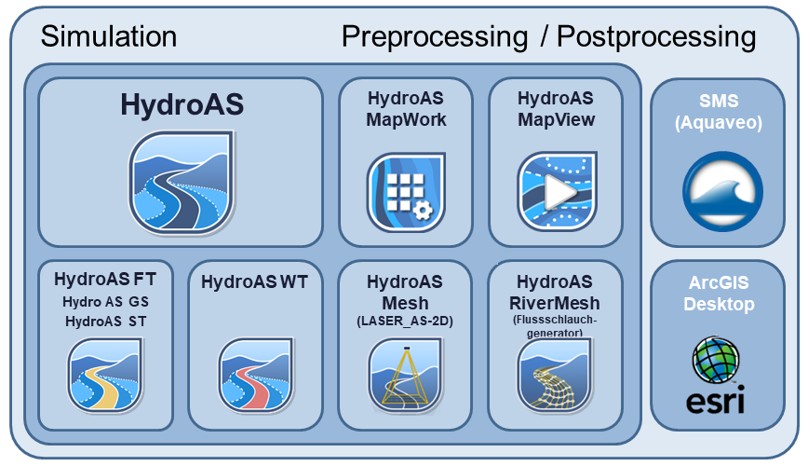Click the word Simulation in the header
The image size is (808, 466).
click(x=109, y=36)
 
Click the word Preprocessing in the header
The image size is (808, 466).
click(x=435, y=37)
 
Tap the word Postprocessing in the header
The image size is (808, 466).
click(x=656, y=37)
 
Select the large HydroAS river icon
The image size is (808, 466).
click(x=181, y=183)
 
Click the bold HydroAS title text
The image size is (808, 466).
click(x=182, y=104)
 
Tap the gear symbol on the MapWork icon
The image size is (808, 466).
click(x=423, y=210)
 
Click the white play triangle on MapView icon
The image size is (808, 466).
click(x=560, y=192)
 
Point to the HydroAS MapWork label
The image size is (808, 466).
click(x=406, y=109)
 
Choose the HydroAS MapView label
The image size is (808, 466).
click(x=556, y=109)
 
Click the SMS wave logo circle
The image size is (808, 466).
click(x=722, y=191)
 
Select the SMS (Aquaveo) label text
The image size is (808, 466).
click(x=719, y=112)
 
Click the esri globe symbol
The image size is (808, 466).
click(x=716, y=360)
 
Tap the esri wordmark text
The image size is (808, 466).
click(x=715, y=402)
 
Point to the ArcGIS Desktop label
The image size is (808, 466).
click(x=719, y=294)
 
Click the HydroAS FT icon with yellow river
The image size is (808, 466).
click(x=105, y=375)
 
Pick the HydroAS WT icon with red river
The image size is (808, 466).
click(x=256, y=375)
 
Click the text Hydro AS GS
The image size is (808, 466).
click(x=105, y=302)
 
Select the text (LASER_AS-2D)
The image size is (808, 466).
click(x=405, y=322)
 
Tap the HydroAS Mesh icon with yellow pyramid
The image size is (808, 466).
click(x=406, y=375)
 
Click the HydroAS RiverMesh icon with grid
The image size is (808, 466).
click(x=555, y=375)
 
